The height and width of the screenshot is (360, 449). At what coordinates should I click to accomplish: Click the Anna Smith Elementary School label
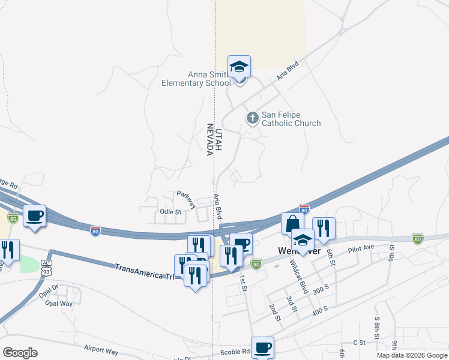click(196, 79)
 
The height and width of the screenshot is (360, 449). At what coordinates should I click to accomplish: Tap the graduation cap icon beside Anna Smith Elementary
click(239, 68)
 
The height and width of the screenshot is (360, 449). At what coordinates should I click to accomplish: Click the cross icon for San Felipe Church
click(253, 118)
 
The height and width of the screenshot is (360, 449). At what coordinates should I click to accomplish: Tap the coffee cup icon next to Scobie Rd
click(262, 347)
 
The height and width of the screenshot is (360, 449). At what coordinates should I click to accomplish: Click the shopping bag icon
click(292, 223)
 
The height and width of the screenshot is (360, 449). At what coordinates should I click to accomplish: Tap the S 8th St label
click(377, 329)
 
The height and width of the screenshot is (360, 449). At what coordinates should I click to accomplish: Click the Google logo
click(20, 353)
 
